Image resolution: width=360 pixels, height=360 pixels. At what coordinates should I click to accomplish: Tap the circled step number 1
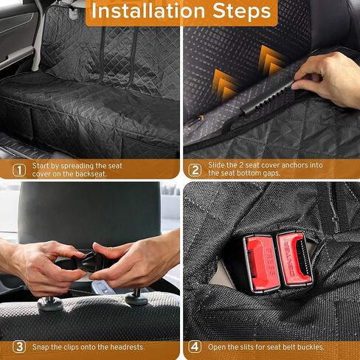point(19,169)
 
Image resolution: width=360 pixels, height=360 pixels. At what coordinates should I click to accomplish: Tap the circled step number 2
point(195,169)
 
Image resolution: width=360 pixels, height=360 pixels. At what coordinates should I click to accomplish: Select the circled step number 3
point(19,346)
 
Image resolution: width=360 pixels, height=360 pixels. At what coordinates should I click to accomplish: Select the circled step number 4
point(195,346)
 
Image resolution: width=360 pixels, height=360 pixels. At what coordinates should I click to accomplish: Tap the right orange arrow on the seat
point(269,59)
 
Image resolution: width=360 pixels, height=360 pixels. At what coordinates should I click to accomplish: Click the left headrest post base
point(49,302)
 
